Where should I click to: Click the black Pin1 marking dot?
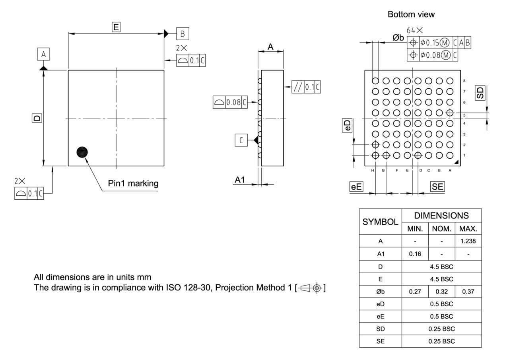coord(82,152)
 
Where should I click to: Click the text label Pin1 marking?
coord(133,183)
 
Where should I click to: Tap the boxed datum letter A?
coord(43,54)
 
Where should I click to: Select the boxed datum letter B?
coord(183,34)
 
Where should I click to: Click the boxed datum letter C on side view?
coord(241,140)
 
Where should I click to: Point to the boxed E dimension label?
coord(116,27)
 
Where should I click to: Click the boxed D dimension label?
coord(37,118)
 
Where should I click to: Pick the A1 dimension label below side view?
coord(240,180)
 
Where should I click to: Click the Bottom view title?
coord(411,14)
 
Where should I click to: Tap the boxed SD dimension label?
coord(480,93)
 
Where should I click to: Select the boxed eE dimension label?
coord(356,187)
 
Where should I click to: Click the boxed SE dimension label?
coord(437,187)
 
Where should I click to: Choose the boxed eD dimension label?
coord(348,126)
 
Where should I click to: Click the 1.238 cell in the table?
coord(468,241)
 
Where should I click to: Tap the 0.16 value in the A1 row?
coord(415,254)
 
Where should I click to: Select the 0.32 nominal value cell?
coord(441,292)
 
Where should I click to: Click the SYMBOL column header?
coord(380,222)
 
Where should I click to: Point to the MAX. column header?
coord(468,229)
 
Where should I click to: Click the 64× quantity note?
coord(414,31)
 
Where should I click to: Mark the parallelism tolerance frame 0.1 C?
coord(306,87)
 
